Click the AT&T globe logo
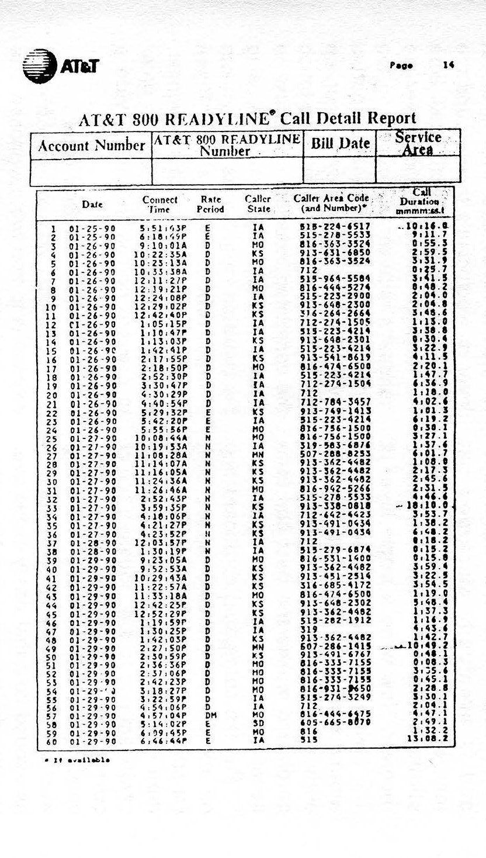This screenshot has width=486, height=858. [39, 63]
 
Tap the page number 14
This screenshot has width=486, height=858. [448, 65]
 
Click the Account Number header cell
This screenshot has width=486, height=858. [91, 146]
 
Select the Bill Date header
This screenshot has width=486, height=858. [339, 143]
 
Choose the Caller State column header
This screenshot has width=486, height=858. [258, 204]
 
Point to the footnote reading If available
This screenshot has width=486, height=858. [77, 760]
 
